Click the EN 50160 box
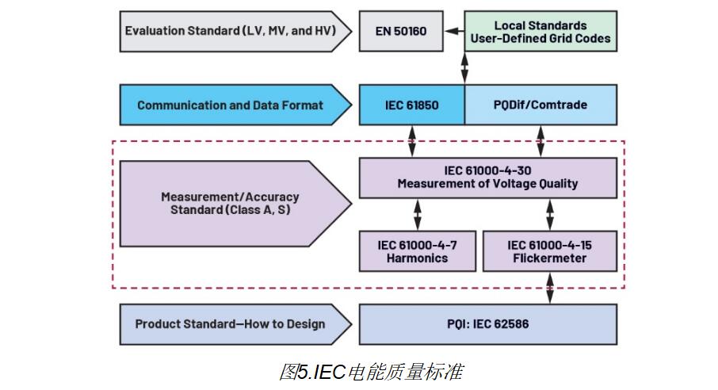399,31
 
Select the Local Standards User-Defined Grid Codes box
540,32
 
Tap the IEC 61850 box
411,105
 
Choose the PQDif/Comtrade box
540,105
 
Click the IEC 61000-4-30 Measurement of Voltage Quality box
487,177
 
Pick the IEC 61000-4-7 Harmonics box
417,251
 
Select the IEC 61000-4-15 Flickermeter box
548,251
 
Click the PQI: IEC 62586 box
487,324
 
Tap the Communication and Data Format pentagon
230,105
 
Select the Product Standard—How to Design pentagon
230,324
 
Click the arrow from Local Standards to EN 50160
454,31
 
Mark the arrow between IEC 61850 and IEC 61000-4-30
411,141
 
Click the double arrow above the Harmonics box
417,214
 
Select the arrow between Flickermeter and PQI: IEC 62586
549,287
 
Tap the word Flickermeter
548,258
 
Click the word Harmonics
417,258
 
